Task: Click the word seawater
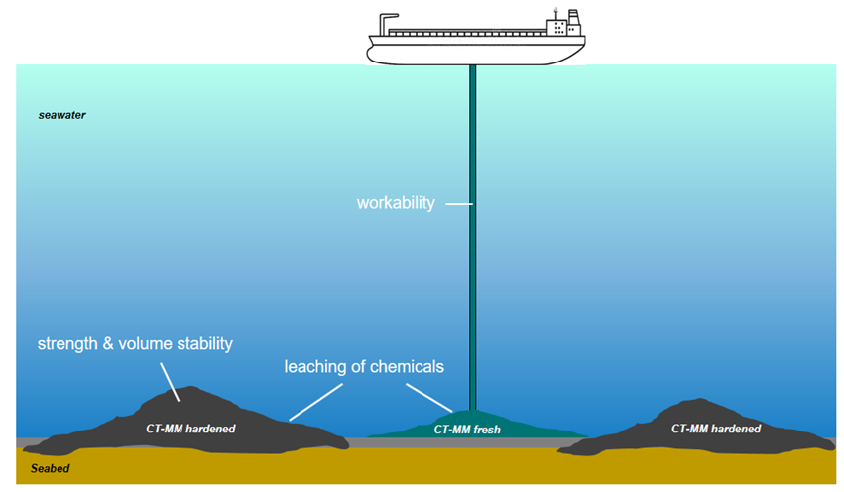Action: pos(61,115)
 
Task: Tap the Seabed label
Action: pos(50,468)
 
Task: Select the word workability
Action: pos(396,203)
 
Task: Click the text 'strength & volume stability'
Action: pos(135,344)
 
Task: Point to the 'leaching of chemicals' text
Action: pos(364,366)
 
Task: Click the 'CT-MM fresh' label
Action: pos(468,430)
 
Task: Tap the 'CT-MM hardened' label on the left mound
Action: pos(190,429)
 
